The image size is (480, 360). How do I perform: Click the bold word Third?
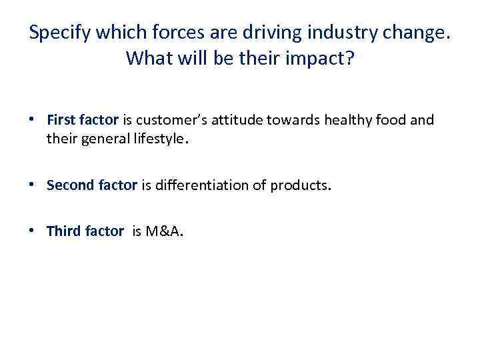click(63, 231)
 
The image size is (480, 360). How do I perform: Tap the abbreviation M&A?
click(165, 231)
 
